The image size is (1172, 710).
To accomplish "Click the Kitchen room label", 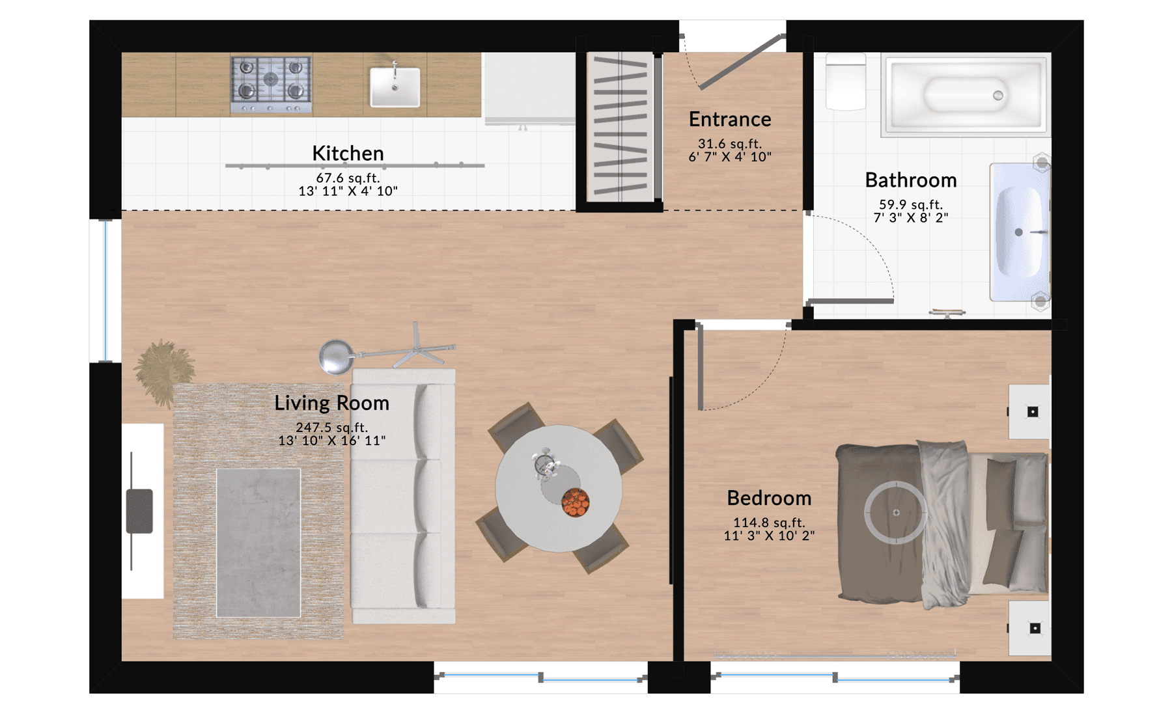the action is pyautogui.click(x=348, y=154).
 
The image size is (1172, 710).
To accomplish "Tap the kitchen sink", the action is pyautogui.click(x=395, y=87).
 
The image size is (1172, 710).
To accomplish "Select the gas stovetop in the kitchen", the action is pyautogui.click(x=271, y=85).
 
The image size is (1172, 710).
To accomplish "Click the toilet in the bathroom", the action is pyautogui.click(x=846, y=82).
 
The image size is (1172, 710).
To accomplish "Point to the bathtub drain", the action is pyautogui.click(x=998, y=96).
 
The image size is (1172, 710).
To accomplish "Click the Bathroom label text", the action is pyautogui.click(x=910, y=180).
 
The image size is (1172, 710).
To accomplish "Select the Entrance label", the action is pyautogui.click(x=730, y=120).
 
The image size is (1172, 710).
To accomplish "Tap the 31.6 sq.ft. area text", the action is pyautogui.click(x=729, y=144).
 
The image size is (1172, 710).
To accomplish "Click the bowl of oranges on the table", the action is pyautogui.click(x=575, y=502).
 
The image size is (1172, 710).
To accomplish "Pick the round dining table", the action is pyautogui.click(x=558, y=489).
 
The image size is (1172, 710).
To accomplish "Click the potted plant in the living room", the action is pyautogui.click(x=165, y=372).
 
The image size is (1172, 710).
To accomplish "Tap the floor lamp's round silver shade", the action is pyautogui.click(x=336, y=357).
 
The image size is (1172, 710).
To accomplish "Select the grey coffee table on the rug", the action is pyautogui.click(x=258, y=543).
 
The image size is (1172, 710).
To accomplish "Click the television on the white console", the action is pyautogui.click(x=139, y=511).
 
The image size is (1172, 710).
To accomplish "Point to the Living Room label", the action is pyautogui.click(x=331, y=403).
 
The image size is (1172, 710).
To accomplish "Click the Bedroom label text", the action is pyautogui.click(x=769, y=498).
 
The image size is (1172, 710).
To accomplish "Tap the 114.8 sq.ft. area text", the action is pyautogui.click(x=769, y=523).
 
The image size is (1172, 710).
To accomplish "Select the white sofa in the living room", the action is pyautogui.click(x=404, y=497).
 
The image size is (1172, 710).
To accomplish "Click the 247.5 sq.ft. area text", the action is pyautogui.click(x=331, y=428).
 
